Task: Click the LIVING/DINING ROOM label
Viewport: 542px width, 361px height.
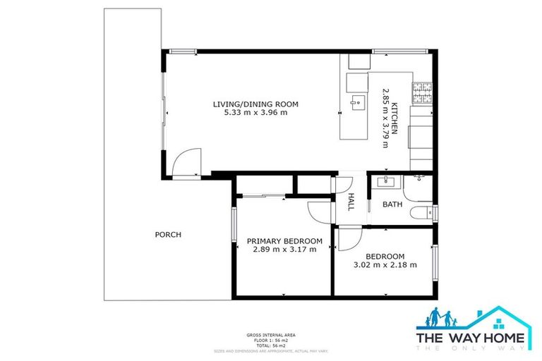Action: [x=255, y=104]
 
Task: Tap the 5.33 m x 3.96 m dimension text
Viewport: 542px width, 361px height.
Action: [x=255, y=113]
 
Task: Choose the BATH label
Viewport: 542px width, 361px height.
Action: [x=392, y=204]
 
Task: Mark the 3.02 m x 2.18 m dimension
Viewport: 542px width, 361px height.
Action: [x=385, y=265]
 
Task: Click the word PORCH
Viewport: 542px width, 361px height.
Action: [x=168, y=235]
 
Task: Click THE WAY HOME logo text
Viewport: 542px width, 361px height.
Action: [x=471, y=338]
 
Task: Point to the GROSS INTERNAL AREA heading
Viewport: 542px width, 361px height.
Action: [x=270, y=334]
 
